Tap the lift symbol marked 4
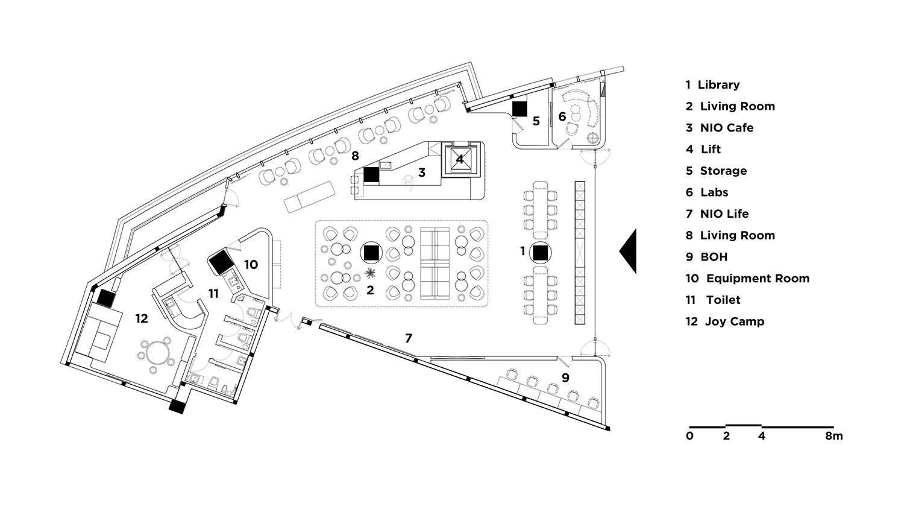460,159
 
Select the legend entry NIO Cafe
720,128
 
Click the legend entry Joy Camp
725,321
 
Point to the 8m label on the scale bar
833,436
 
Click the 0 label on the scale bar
689,436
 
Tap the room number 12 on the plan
142,318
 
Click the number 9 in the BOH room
565,378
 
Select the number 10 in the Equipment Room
251,265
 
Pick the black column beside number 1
541,253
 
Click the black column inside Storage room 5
519,109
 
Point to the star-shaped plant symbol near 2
369,273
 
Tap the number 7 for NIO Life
409,338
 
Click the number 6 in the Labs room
562,116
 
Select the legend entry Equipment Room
747,279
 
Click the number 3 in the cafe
422,172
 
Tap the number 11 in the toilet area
213,294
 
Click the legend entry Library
713,85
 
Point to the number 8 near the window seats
355,156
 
